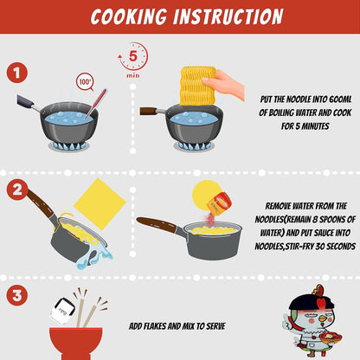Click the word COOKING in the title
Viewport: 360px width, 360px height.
click(129, 16)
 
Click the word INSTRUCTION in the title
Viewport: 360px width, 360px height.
click(228, 16)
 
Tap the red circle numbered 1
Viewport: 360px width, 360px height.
click(17, 73)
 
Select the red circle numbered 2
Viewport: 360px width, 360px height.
click(17, 190)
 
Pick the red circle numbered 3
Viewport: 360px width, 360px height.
click(17, 295)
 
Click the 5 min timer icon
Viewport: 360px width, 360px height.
click(133, 60)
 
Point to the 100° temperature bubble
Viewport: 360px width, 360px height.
click(86, 82)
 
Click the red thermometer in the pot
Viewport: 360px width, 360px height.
click(96, 104)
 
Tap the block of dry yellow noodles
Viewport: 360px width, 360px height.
click(196, 86)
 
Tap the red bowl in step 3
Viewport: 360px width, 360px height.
click(75, 343)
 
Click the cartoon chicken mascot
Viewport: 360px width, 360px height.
click(312, 321)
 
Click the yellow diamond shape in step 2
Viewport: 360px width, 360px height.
click(100, 204)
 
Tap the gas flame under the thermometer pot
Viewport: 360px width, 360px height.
click(68, 145)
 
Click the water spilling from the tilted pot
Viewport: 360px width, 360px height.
click(95, 257)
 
